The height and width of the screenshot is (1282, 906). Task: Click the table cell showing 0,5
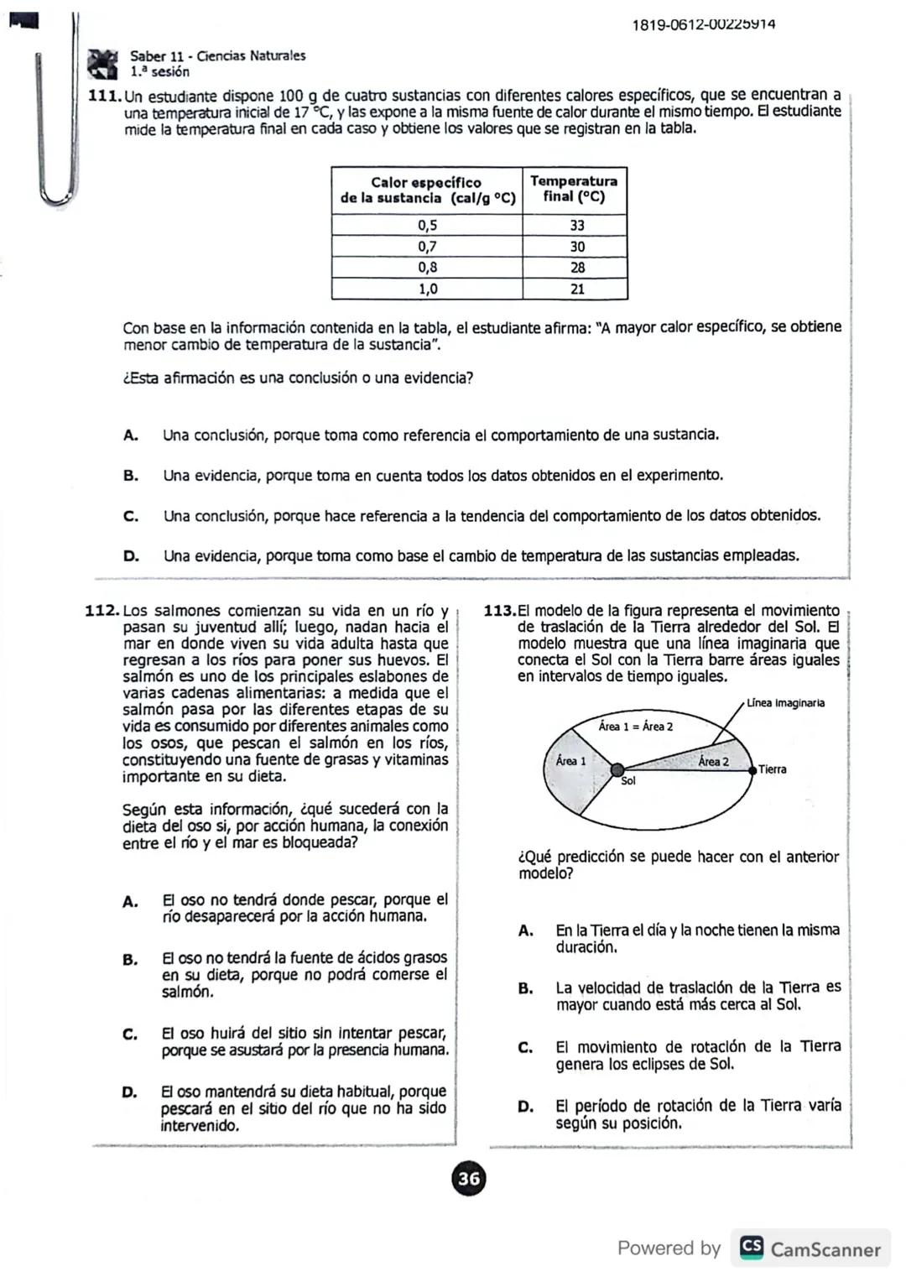point(427,225)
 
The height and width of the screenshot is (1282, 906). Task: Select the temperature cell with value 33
point(576,225)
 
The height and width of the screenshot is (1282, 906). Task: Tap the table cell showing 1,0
point(427,289)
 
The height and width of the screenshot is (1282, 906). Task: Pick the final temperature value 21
point(576,289)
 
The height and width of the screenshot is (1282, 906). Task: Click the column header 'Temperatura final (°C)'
point(574,189)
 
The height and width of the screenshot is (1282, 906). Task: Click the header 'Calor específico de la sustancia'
point(426,190)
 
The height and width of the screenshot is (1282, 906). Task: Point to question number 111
point(105,96)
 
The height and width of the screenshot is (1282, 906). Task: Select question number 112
point(103,611)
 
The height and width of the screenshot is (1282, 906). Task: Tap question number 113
point(500,611)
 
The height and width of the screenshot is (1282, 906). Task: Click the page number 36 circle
point(469,1179)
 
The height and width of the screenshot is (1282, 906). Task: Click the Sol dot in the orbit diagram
point(617,769)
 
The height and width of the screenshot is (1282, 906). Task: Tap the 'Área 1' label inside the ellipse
point(570,761)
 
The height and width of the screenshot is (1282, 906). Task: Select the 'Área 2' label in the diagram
point(713,762)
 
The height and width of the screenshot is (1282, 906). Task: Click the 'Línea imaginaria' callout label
point(785,703)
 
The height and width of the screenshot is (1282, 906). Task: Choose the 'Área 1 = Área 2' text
point(635,727)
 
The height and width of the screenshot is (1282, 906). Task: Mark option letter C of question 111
point(131,516)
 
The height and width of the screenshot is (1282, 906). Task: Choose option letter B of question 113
point(526,988)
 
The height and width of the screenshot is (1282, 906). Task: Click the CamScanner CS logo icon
point(752,1248)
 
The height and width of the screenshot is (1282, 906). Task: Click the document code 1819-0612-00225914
point(703,24)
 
